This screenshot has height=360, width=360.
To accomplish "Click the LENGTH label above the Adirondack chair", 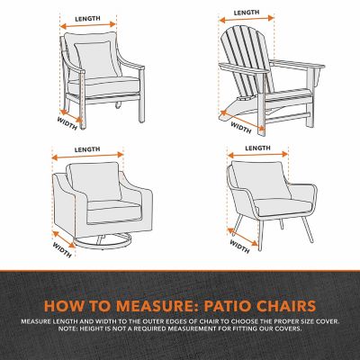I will click(247, 13).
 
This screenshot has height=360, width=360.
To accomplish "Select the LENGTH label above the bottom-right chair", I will click(258, 146).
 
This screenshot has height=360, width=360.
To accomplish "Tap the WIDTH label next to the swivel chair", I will click(63, 241).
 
